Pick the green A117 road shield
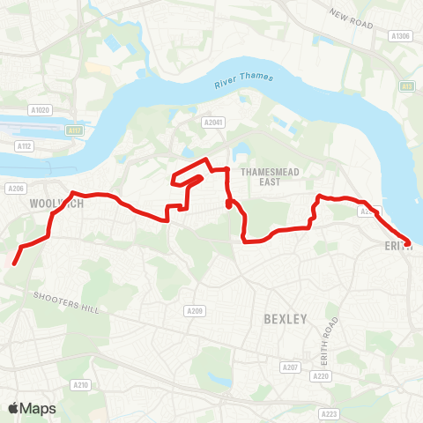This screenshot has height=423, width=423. coord(75,131)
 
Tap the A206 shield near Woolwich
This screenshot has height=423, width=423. coord(14,189)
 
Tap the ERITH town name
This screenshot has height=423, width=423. coord(398,247)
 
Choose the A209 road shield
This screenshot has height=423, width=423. coord(195,311)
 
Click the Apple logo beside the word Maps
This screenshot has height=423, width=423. coord(14,408)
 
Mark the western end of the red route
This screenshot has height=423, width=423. coord(14,262)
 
